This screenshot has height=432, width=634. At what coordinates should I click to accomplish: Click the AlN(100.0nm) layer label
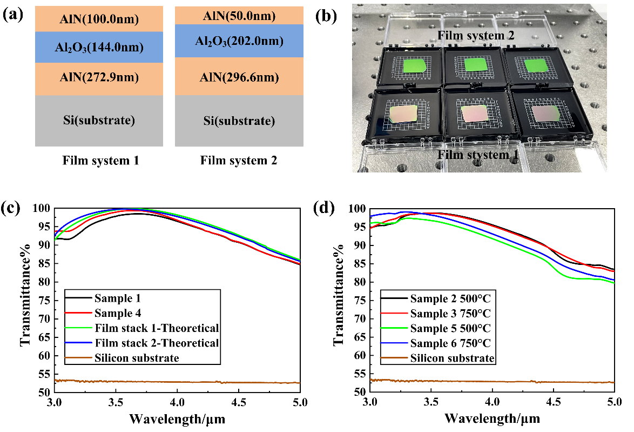pos(99,20)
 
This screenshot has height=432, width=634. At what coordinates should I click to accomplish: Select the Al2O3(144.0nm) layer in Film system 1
pos(99,48)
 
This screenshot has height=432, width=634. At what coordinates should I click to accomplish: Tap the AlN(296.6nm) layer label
pos(239,78)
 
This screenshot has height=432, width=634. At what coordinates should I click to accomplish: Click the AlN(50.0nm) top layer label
pos(239,16)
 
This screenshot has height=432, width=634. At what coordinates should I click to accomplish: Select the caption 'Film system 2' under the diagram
pos(239,161)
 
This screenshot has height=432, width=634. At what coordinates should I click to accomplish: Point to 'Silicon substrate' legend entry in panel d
pos(451,358)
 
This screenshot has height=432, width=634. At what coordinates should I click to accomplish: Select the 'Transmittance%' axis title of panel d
pos(341,301)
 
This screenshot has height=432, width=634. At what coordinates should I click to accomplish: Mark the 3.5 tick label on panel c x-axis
pos(116,403)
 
